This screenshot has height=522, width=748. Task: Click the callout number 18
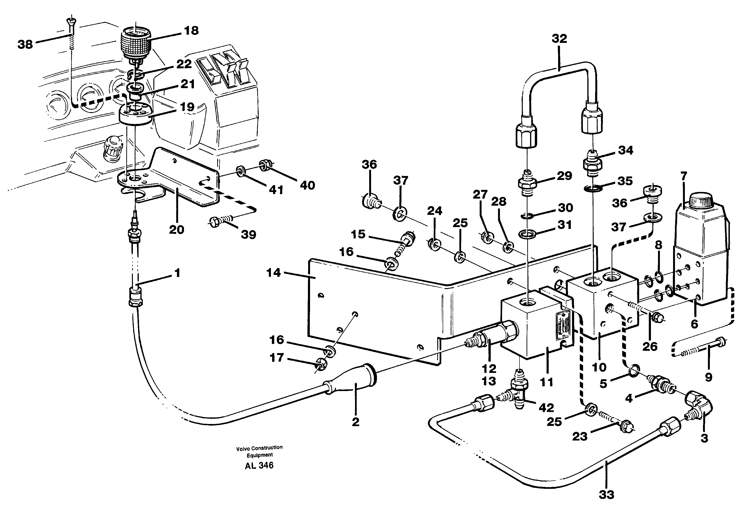point(191,31)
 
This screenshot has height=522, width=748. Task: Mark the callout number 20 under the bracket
point(176,230)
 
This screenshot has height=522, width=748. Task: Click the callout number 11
point(546,382)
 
